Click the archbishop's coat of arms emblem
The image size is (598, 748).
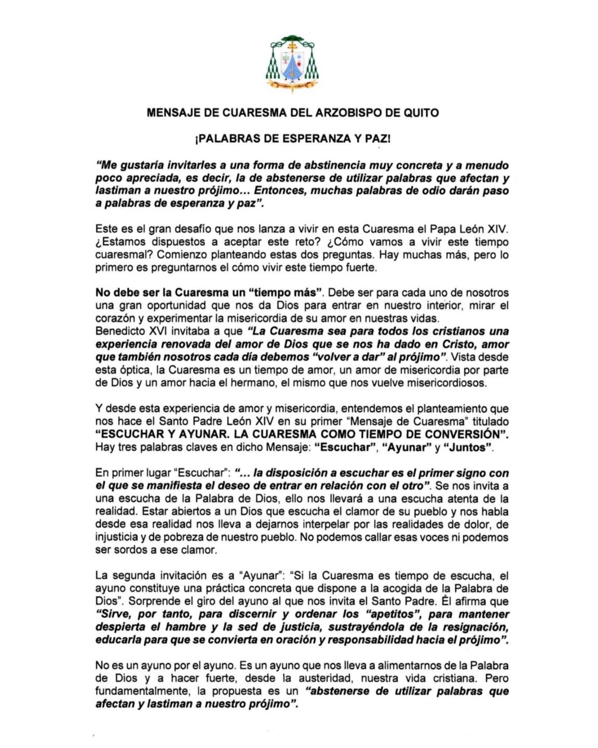(x=292, y=63)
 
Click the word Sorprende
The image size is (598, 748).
(x=152, y=602)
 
